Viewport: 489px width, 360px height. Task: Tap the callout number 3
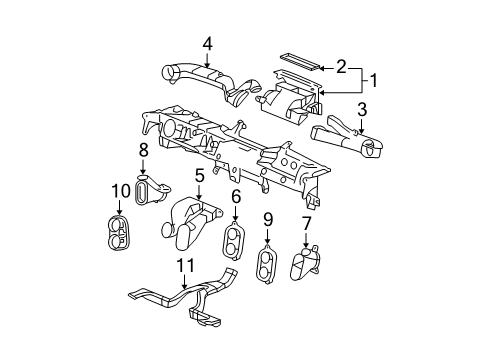(x=364, y=109)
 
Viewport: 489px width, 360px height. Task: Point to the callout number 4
(x=207, y=43)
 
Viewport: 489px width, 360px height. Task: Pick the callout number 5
(x=200, y=176)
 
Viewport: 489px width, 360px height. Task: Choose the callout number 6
(x=236, y=197)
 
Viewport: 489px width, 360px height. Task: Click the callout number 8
(x=144, y=150)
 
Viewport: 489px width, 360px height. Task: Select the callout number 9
(x=268, y=218)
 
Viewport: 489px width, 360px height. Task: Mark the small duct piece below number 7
(x=304, y=265)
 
